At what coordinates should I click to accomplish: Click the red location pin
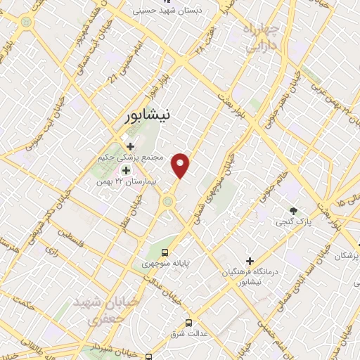click(181, 165)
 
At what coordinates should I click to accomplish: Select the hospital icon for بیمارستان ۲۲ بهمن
click(127, 170)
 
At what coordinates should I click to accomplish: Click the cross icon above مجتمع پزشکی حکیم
click(131, 146)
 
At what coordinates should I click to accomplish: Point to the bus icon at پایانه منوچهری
click(165, 252)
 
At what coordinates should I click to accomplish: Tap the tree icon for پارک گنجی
click(294, 211)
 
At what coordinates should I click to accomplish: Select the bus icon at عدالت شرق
click(188, 323)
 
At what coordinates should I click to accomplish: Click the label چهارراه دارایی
click(262, 39)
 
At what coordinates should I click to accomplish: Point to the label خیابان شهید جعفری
click(103, 310)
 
